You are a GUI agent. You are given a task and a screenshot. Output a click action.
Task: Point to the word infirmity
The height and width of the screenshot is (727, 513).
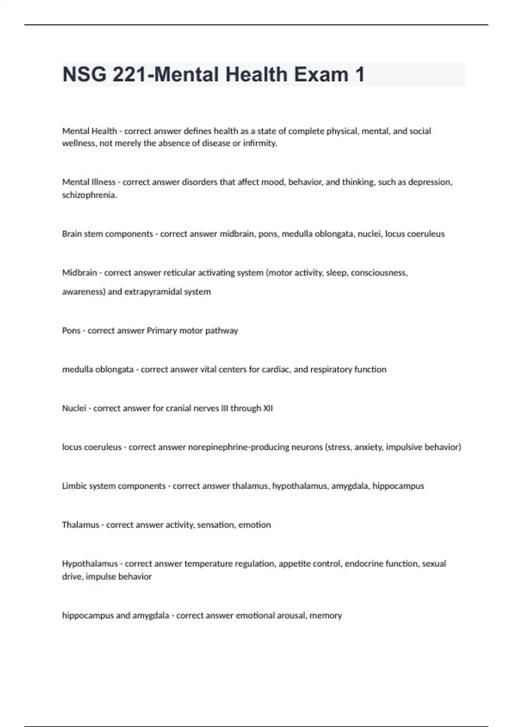point(260,143)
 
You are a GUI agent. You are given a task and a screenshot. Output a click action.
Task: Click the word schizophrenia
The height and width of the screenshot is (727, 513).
point(89,195)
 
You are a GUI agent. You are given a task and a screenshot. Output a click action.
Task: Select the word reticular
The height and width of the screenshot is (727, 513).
point(179,273)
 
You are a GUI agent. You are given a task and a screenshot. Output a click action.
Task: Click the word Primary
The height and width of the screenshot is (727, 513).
point(160,331)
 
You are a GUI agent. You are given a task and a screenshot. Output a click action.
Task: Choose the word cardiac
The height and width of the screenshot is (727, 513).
point(278,369)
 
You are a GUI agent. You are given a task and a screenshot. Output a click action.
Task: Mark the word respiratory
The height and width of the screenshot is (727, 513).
point(331,369)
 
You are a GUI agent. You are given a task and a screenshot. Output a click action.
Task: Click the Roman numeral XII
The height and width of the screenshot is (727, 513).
point(268,408)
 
